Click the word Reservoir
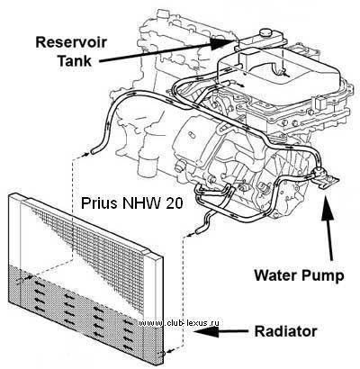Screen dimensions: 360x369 pyautogui.click(x=71, y=42)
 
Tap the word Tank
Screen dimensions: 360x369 pyautogui.click(x=74, y=60)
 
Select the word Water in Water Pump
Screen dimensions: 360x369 pyautogui.click(x=275, y=274)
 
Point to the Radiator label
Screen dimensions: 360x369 pyautogui.click(x=285, y=332)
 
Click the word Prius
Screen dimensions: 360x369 pyautogui.click(x=100, y=203)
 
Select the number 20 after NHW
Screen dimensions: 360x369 pyautogui.click(x=175, y=203)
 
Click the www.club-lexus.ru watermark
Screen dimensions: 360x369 pyautogui.click(x=179, y=323)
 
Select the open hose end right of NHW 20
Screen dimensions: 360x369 pyautogui.click(x=199, y=231)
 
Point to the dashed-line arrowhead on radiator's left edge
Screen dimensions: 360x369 pyautogui.click(x=28, y=278)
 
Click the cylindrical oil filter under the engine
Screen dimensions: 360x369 pyautogui.click(x=148, y=168)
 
